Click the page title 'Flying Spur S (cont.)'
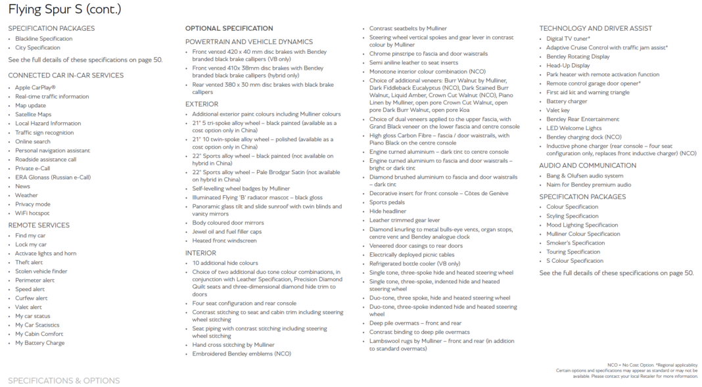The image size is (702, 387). pyautogui.click(x=64, y=9)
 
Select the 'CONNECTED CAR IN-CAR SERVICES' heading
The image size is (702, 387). pyautogui.click(x=65, y=76)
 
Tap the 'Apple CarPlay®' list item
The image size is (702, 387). pyautogui.click(x=35, y=87)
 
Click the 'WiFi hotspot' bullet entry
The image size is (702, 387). pyautogui.click(x=32, y=214)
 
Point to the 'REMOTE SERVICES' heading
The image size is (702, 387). pyautogui.click(x=39, y=225)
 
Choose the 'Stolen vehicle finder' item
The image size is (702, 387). pyautogui.click(x=41, y=271)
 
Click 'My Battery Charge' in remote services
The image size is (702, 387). pyautogui.click(x=39, y=343)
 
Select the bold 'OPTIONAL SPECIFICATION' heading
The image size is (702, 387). pyautogui.click(x=229, y=28)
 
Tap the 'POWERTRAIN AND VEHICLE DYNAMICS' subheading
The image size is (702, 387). pyautogui.click(x=248, y=41)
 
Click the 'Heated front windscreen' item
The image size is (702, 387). pyautogui.click(x=224, y=240)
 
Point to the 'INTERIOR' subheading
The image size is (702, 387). pyautogui.click(x=200, y=252)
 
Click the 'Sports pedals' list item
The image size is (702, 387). pyautogui.click(x=387, y=203)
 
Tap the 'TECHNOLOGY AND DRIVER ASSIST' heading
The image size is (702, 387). pyautogui.click(x=596, y=28)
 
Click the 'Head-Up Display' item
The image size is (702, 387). pyautogui.click(x=567, y=66)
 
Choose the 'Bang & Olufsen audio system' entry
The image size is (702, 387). pyautogui.click(x=584, y=176)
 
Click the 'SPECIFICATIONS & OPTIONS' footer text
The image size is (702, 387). pyautogui.click(x=64, y=380)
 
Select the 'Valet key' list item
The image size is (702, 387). pyautogui.click(x=558, y=110)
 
